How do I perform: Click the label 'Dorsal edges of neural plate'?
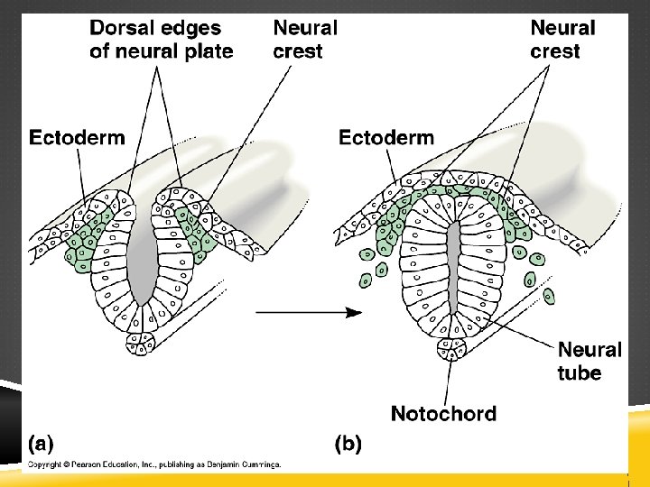[x=162, y=40]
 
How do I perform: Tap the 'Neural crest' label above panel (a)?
[x=305, y=40]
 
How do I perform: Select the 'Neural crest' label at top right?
[x=562, y=40]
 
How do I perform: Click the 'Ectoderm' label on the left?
[x=78, y=137]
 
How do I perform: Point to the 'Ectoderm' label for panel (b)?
[x=385, y=137]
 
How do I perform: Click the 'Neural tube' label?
[x=590, y=361]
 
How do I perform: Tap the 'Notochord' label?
[x=443, y=414]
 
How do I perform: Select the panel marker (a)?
[x=41, y=443]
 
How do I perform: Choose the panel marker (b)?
[x=349, y=443]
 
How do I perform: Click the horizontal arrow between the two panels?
[x=308, y=313]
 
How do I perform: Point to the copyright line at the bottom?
[x=154, y=464]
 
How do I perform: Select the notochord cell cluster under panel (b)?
[x=450, y=346]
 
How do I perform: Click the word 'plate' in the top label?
[x=209, y=51]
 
